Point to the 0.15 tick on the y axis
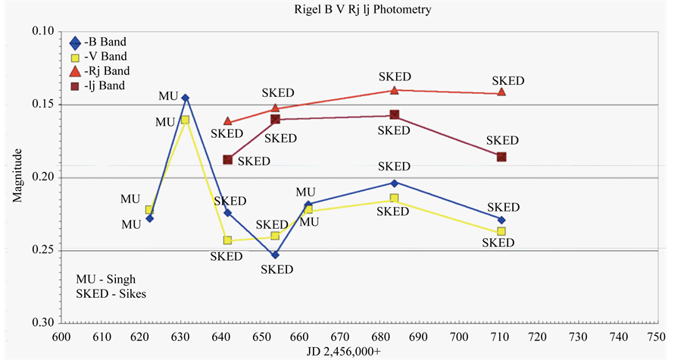point(44,105)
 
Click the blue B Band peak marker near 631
point(186,98)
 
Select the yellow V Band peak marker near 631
point(185,120)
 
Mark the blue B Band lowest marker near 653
point(275,255)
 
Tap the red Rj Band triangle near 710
point(501,92)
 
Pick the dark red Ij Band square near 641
point(227,159)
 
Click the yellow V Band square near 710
point(501,231)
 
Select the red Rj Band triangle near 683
point(394,89)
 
